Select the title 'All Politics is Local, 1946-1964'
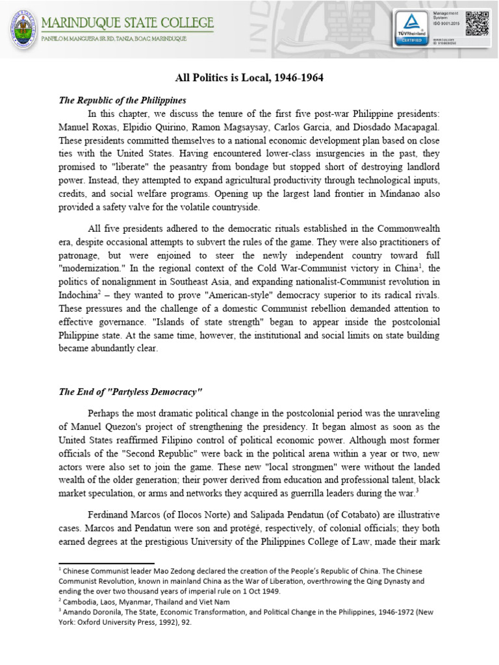(x=249, y=78)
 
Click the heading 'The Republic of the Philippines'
(x=122, y=100)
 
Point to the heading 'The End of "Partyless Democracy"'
(x=131, y=392)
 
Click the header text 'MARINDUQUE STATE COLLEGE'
(x=127, y=23)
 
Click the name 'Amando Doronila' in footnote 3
(x=89, y=612)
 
